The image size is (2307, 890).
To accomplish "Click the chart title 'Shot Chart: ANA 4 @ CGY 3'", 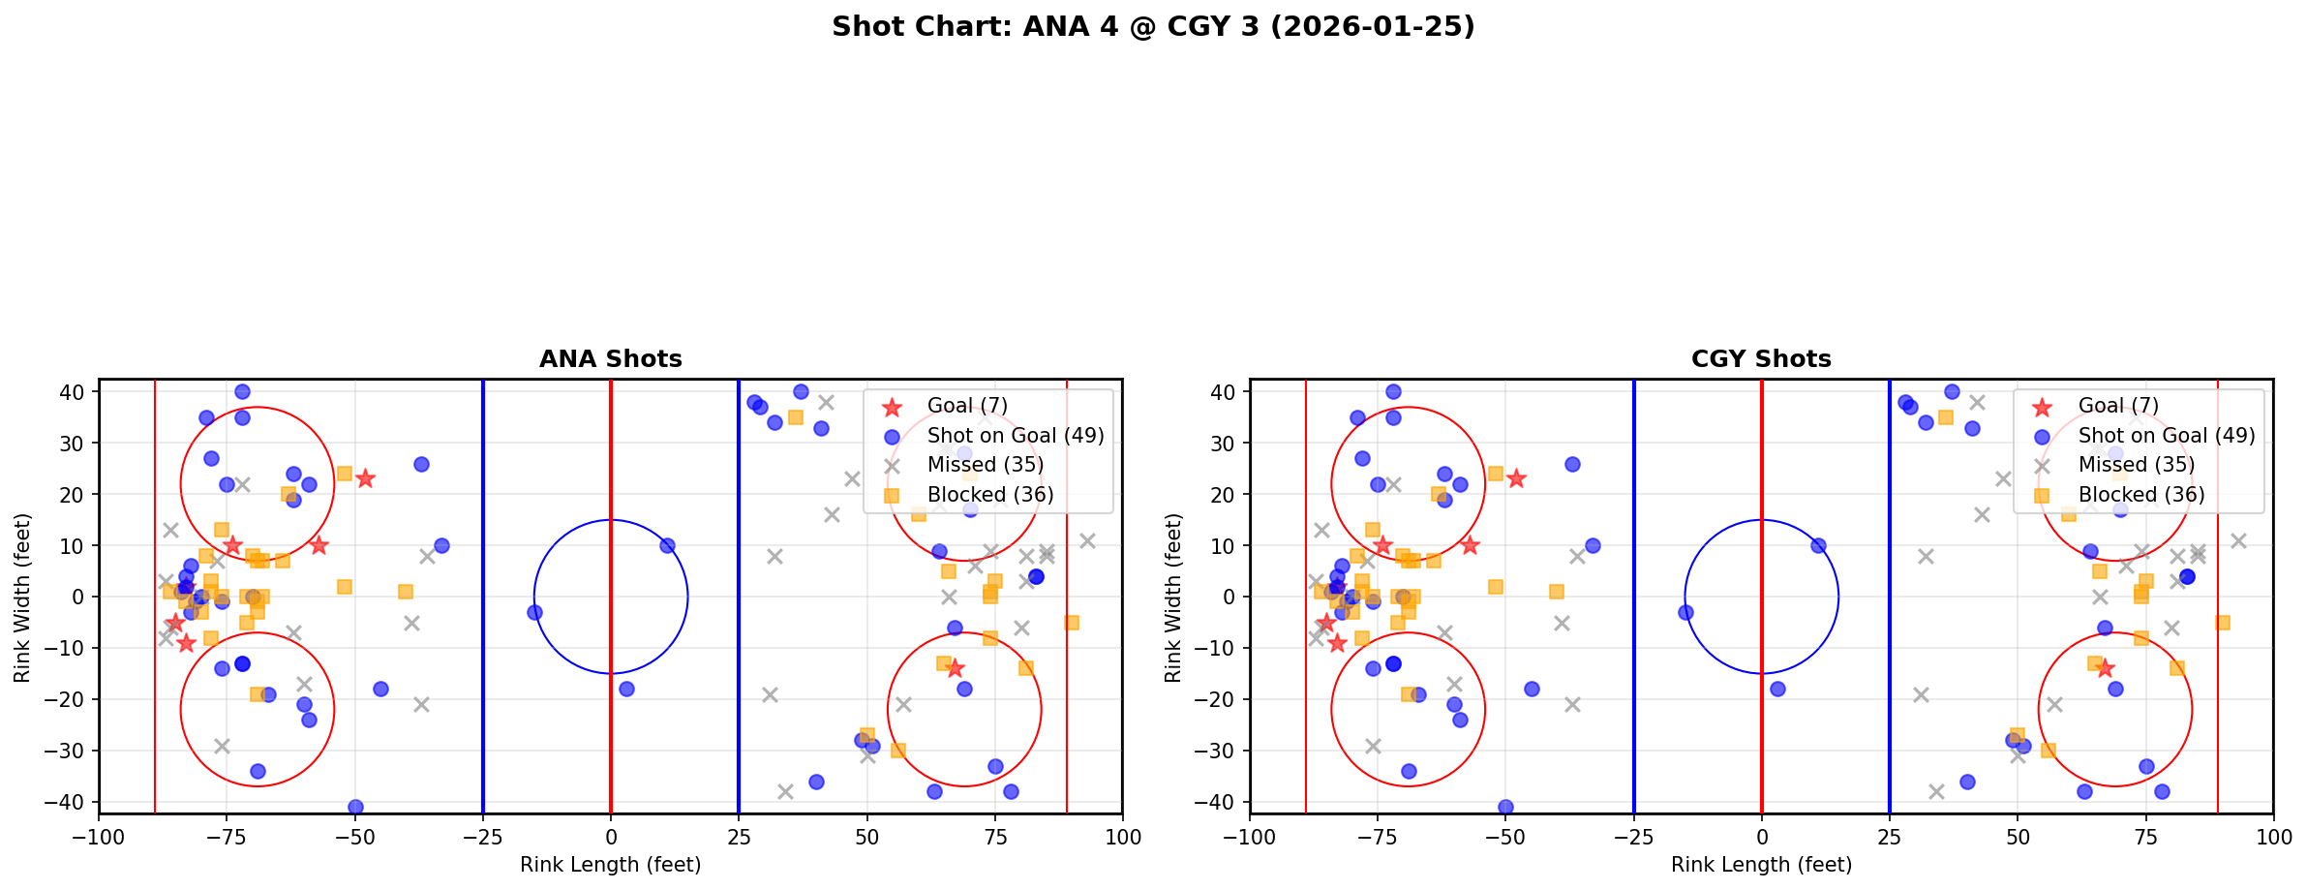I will click(x=1153, y=26).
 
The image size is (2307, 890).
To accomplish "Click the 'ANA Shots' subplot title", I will click(x=610, y=359).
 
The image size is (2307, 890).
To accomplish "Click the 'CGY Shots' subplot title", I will click(x=1761, y=359).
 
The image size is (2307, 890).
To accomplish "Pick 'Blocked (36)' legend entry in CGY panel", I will click(x=2140, y=495).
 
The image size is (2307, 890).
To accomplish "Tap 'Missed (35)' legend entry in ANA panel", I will click(x=985, y=465).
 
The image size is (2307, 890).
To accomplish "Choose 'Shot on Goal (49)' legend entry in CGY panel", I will click(x=2166, y=436).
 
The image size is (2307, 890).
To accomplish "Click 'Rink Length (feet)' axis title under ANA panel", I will click(x=610, y=865).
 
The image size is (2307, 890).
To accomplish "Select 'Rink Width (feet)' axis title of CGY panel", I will click(x=1173, y=598).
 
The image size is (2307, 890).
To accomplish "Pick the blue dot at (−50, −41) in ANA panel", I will click(x=355, y=807).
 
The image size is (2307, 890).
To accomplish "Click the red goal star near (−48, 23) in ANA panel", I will click(x=365, y=478).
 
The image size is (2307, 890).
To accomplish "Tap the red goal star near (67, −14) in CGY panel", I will click(x=2104, y=668).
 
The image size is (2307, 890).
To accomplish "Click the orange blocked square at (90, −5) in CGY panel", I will click(x=2222, y=623).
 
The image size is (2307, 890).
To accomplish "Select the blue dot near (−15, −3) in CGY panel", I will click(x=1685, y=612).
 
